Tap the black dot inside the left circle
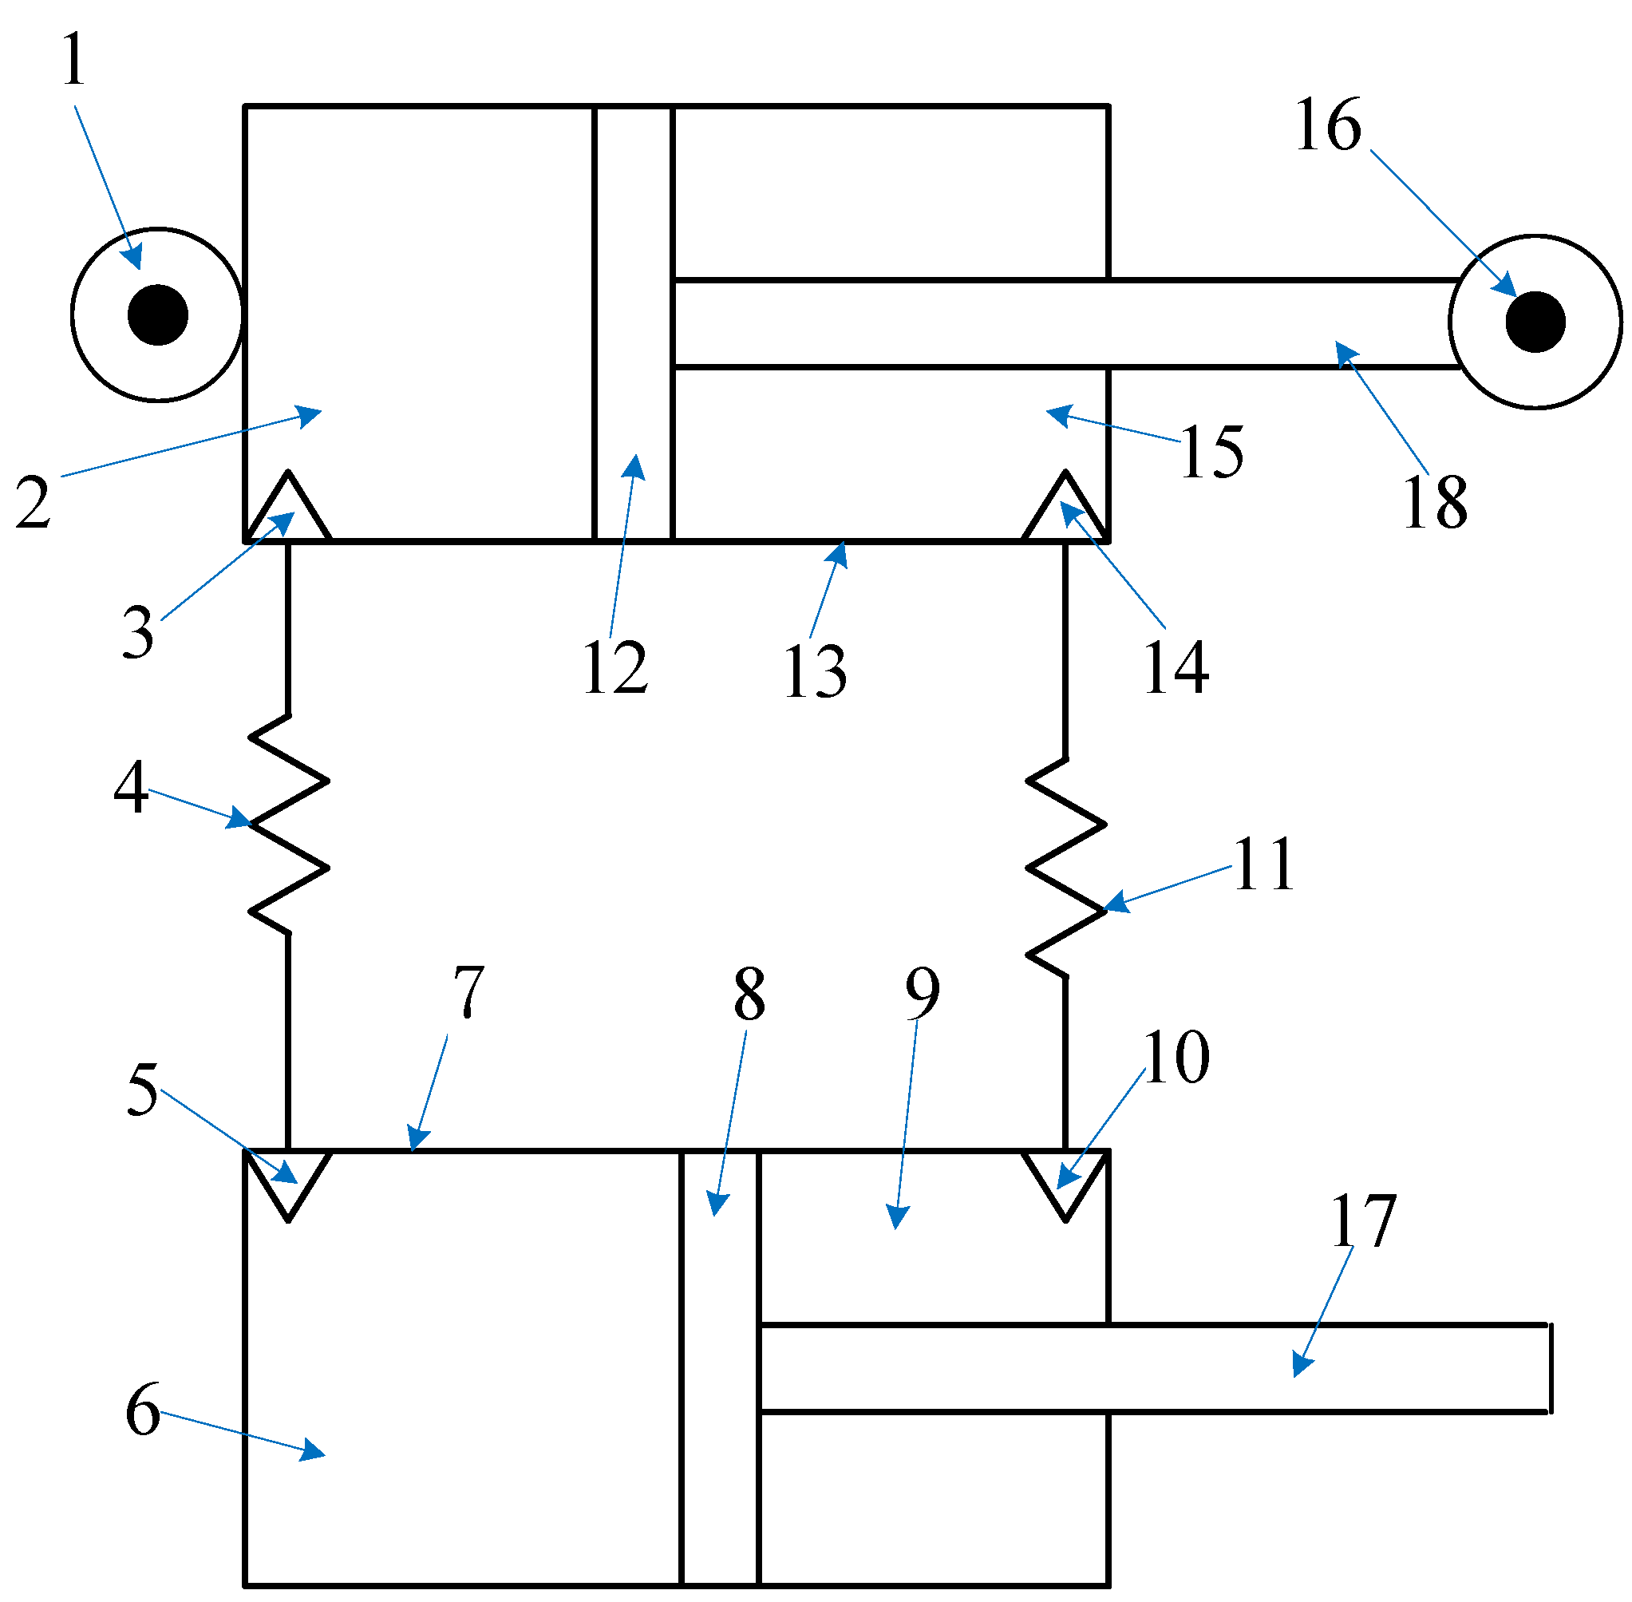[x=157, y=314]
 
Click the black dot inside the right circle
[x=1535, y=322]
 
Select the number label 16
[x=1327, y=125]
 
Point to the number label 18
[x=1435, y=502]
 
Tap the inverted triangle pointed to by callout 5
[x=288, y=1180]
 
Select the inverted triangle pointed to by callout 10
[x=1065, y=1180]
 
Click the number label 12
[x=615, y=667]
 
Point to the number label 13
[x=814, y=671]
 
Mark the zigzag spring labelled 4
[x=288, y=825]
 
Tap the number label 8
[x=749, y=994]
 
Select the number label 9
[x=922, y=994]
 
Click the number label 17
[x=1363, y=1220]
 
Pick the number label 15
[x=1211, y=453]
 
